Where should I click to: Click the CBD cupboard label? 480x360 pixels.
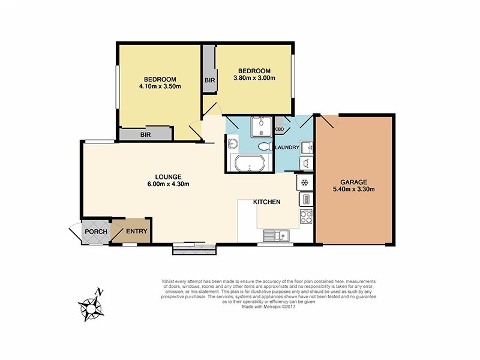[x=280, y=129]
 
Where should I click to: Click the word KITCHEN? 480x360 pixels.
[x=266, y=202]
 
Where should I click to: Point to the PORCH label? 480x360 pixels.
[x=95, y=232]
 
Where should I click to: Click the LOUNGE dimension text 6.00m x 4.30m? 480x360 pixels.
[x=169, y=184]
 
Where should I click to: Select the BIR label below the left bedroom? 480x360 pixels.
[x=145, y=135]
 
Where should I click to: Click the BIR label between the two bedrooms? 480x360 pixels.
[x=210, y=80]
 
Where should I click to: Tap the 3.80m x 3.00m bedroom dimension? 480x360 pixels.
[x=254, y=78]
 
